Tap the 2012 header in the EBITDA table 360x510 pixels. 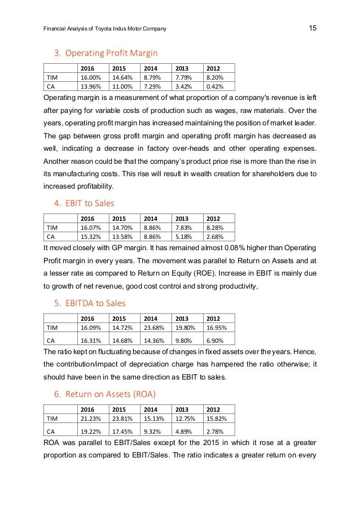pos(213,317)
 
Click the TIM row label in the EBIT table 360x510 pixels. pos(52,227)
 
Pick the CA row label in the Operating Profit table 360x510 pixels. pos(50,86)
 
